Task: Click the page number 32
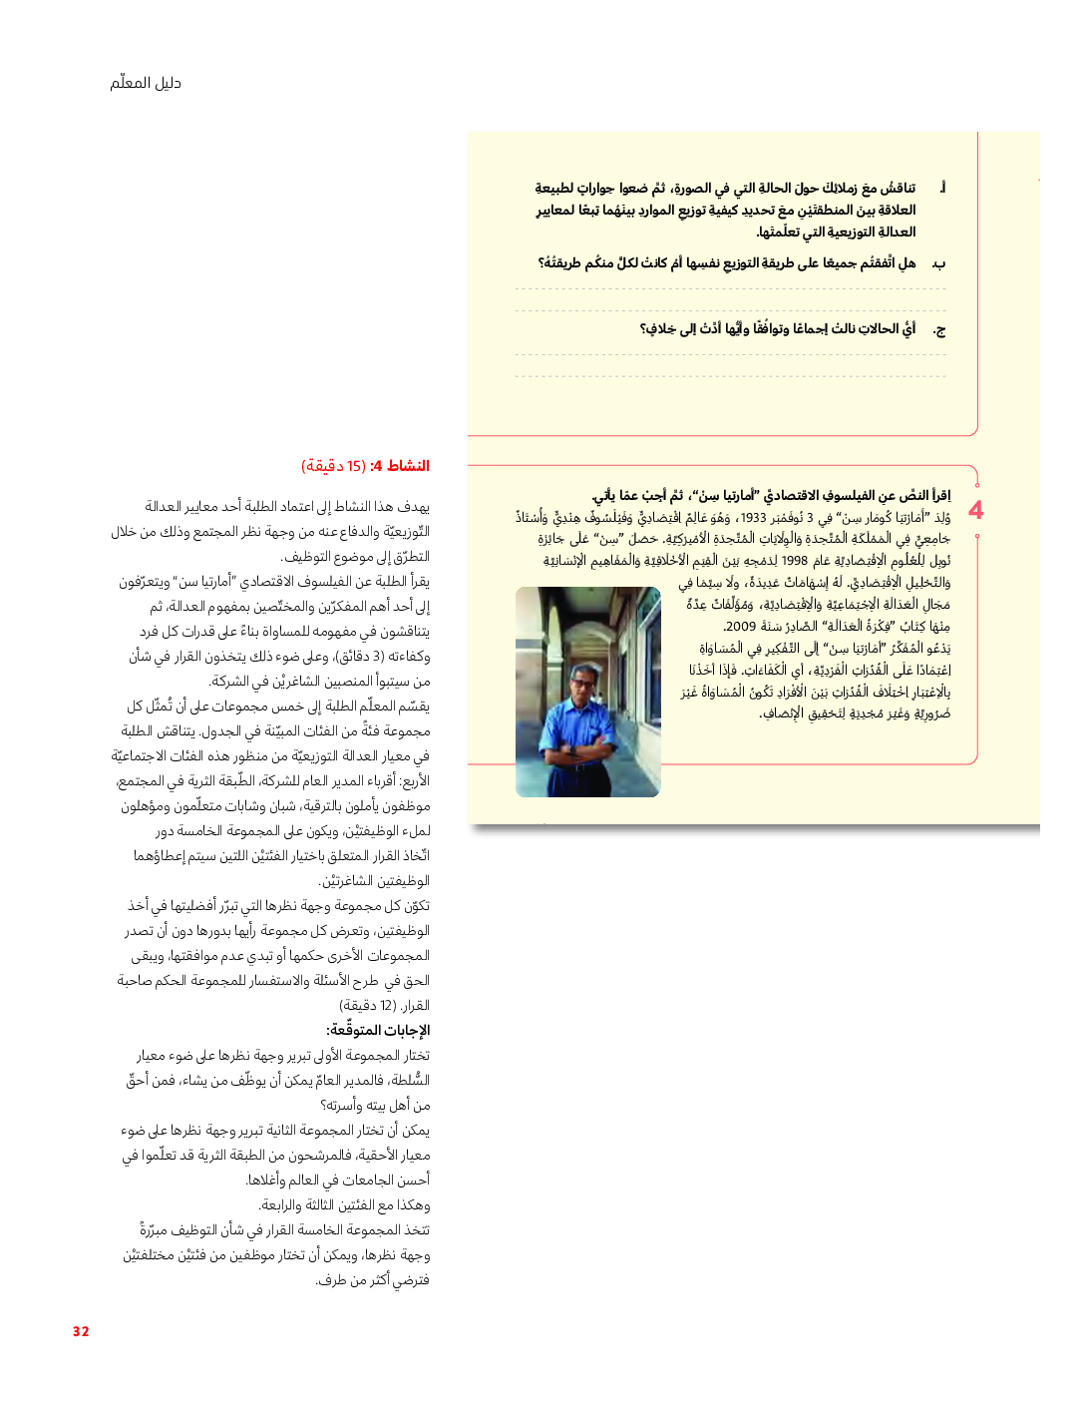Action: coord(81,1331)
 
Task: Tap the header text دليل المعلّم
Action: coord(146,83)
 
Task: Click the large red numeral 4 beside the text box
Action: coord(975,511)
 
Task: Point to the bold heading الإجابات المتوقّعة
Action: coord(378,1030)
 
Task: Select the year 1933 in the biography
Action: coord(753,517)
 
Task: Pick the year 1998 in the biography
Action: coord(795,561)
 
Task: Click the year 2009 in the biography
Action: coord(740,627)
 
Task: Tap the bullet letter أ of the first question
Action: coord(942,188)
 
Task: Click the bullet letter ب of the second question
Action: coord(938,263)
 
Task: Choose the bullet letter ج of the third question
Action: coord(938,329)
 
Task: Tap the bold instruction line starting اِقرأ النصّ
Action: coord(771,495)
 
